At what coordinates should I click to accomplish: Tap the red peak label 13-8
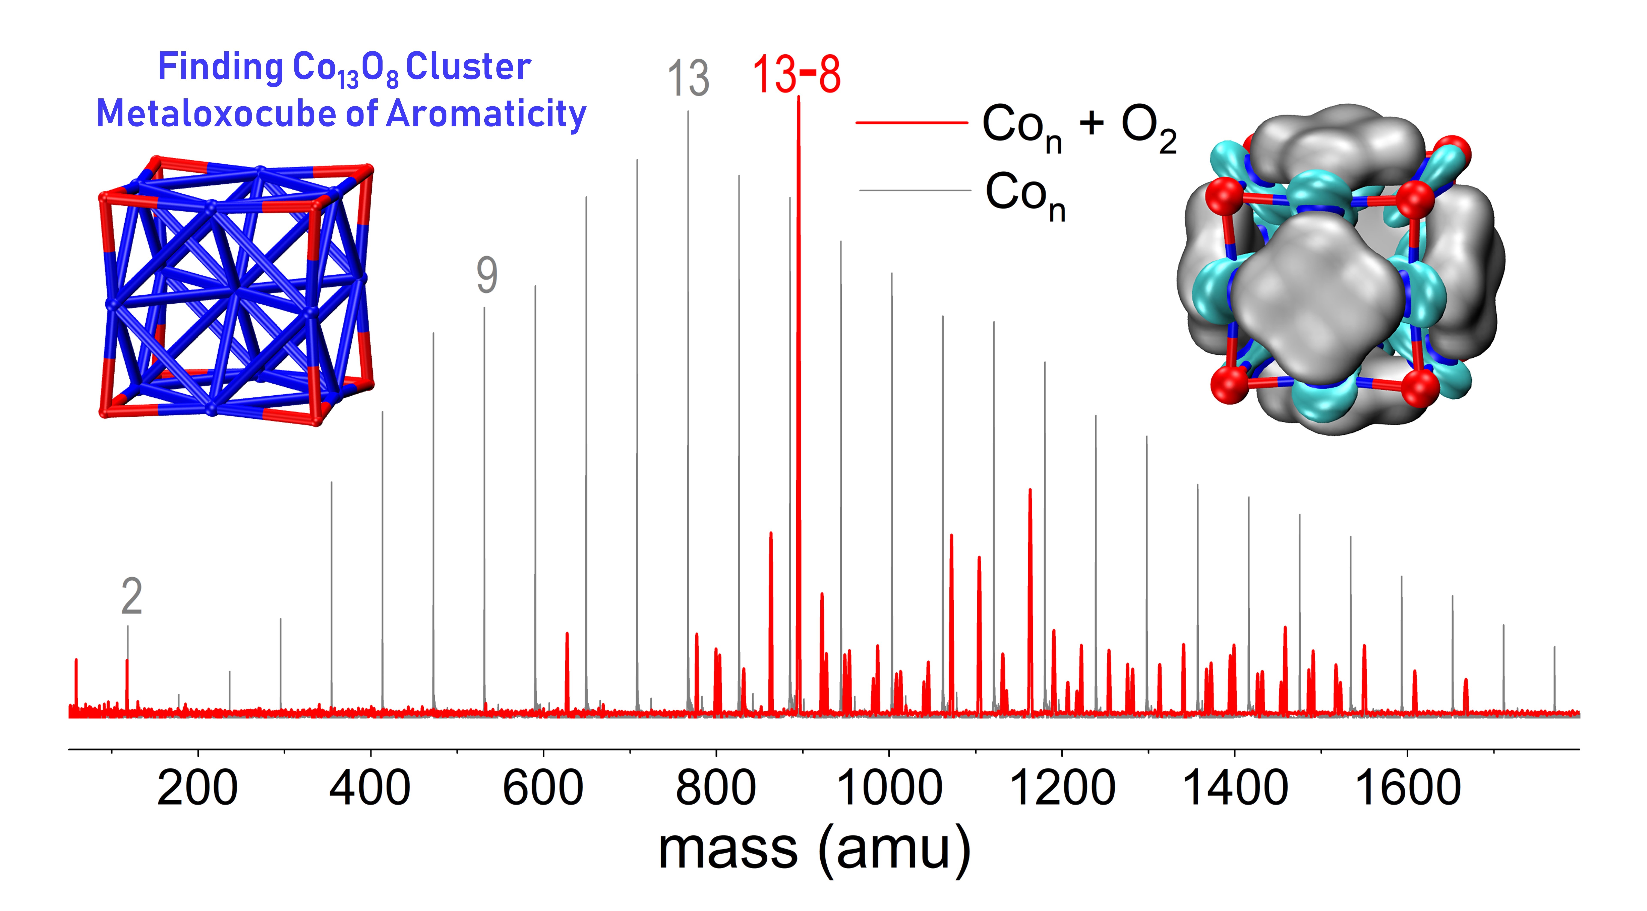click(x=796, y=75)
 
